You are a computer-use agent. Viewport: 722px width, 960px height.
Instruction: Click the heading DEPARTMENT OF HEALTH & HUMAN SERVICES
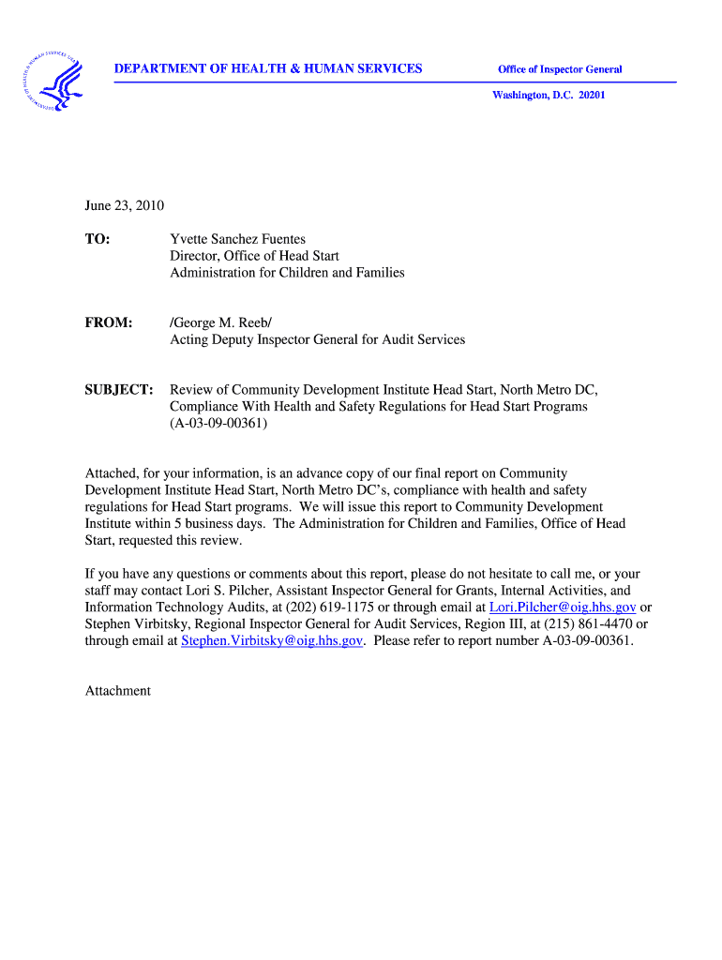pyautogui.click(x=268, y=68)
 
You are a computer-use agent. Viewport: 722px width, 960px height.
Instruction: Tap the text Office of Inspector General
pyautogui.click(x=560, y=69)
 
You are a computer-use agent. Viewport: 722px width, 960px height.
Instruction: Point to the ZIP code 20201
pyautogui.click(x=590, y=95)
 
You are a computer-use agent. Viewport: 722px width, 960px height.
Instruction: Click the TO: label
pyautogui.click(x=98, y=239)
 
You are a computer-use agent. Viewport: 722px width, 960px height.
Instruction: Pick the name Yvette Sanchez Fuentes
pyautogui.click(x=237, y=239)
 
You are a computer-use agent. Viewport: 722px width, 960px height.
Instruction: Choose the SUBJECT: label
pyautogui.click(x=119, y=389)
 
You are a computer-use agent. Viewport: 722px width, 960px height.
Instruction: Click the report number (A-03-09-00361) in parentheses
pyautogui.click(x=218, y=423)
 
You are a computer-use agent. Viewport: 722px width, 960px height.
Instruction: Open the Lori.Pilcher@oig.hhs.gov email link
pyautogui.click(x=563, y=607)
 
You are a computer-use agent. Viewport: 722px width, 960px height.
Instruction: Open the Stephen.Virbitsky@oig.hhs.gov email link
pyautogui.click(x=272, y=641)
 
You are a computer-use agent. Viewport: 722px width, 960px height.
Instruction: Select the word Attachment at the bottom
pyautogui.click(x=118, y=691)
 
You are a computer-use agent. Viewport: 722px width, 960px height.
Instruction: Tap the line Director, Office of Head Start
pyautogui.click(x=254, y=256)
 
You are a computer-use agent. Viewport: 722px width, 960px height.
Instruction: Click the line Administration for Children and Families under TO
pyautogui.click(x=287, y=273)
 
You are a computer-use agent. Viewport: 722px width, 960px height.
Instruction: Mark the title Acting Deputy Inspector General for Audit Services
pyautogui.click(x=317, y=339)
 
